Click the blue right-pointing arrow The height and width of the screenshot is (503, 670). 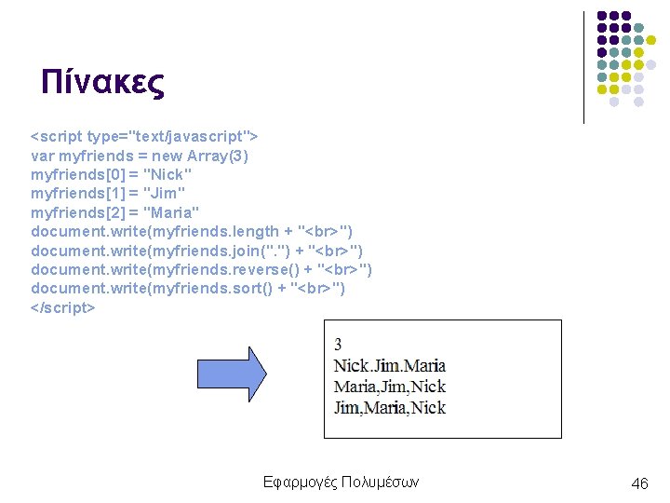click(x=231, y=374)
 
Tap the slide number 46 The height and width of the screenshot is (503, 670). click(x=639, y=483)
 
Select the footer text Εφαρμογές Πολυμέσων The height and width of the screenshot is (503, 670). click(x=342, y=482)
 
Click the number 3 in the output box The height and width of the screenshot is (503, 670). click(x=338, y=345)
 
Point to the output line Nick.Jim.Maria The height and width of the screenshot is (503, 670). click(x=389, y=365)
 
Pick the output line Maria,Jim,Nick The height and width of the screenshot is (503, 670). click(x=389, y=386)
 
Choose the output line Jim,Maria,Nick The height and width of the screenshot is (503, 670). click(x=389, y=407)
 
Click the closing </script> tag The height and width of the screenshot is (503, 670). click(x=62, y=307)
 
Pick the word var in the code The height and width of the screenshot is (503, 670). click(x=43, y=156)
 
